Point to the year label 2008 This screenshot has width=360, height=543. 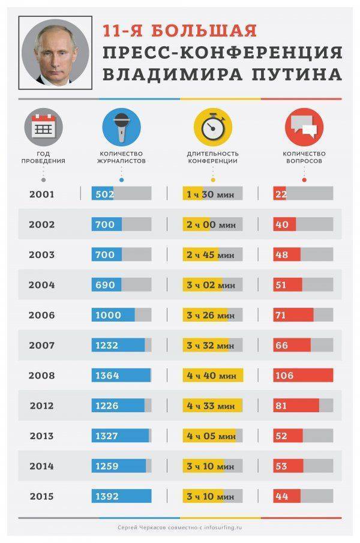point(41,376)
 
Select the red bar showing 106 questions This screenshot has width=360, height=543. point(303,376)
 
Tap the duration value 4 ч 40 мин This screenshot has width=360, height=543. point(211,376)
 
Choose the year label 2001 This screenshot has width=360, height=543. point(41,194)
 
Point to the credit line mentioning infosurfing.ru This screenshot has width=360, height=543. point(180,527)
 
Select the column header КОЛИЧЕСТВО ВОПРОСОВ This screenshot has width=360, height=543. point(303,157)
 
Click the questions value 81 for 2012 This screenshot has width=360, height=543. point(281,406)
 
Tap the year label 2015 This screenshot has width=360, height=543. point(41,496)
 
